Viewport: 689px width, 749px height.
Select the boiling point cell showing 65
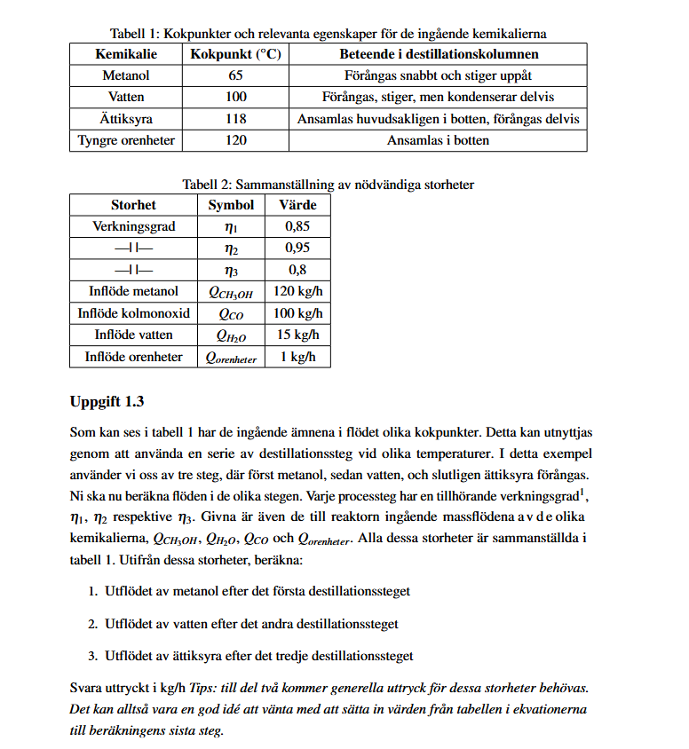tap(235, 75)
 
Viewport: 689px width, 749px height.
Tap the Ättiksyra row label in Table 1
tap(126, 119)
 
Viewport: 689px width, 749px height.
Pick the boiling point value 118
tap(235, 119)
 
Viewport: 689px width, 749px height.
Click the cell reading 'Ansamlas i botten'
tap(438, 140)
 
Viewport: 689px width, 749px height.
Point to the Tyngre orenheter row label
tap(126, 140)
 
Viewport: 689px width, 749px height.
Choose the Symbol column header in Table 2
tap(231, 205)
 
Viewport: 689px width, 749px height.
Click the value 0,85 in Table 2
tap(297, 226)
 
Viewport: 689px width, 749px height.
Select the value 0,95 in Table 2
tap(297, 248)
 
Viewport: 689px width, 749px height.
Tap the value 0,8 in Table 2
tap(297, 270)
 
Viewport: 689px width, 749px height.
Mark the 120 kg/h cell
tap(297, 291)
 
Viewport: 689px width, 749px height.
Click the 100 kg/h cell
tap(297, 313)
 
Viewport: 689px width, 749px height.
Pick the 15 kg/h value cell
tap(297, 335)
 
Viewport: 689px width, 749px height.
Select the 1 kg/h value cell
tap(297, 357)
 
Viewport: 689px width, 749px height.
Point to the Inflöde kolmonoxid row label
tap(134, 313)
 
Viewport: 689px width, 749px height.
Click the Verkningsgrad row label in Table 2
tap(134, 226)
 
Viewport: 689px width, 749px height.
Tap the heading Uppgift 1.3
tap(107, 401)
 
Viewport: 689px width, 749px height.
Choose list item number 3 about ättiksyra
tap(258, 657)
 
